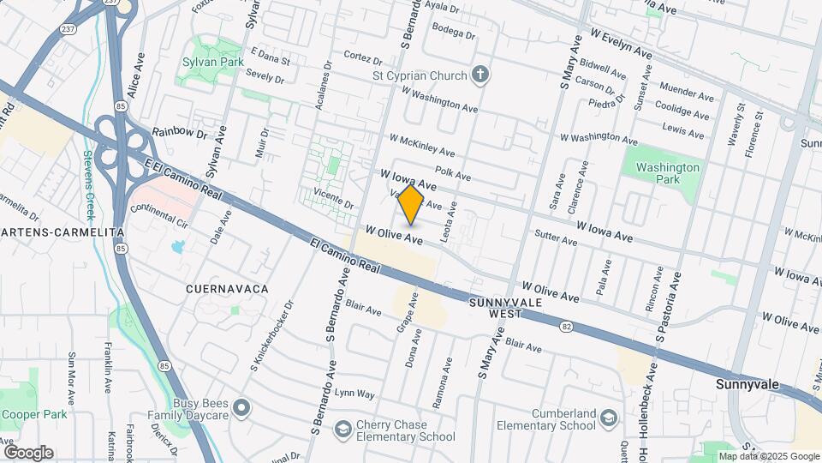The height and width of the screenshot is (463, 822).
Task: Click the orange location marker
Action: click(x=412, y=205)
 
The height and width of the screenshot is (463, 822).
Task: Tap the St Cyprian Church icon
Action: click(x=479, y=75)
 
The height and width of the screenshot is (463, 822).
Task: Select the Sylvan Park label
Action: click(x=210, y=63)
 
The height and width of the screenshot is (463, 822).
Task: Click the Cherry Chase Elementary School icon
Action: click(x=342, y=428)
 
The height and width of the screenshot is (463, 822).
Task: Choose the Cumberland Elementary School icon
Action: click(x=608, y=418)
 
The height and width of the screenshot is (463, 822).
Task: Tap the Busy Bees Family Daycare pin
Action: click(x=242, y=407)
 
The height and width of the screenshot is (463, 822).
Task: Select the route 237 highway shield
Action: click(x=68, y=29)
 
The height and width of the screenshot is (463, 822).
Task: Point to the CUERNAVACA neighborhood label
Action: click(x=227, y=290)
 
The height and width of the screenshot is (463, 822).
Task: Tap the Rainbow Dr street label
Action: click(x=180, y=134)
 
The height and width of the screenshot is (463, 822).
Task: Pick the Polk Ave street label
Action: click(x=453, y=174)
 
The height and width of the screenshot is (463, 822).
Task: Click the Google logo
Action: click(x=28, y=453)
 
